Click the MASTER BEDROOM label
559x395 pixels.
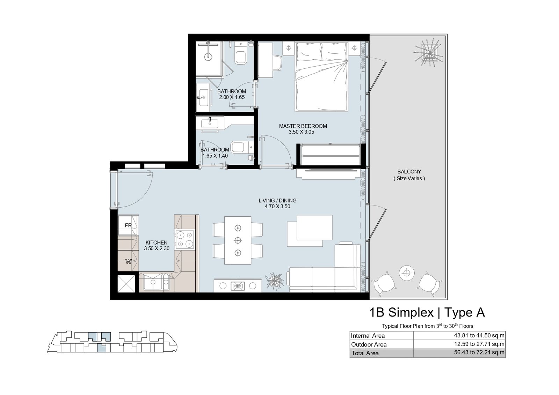303,126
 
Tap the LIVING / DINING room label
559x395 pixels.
277,200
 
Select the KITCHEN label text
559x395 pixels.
157,243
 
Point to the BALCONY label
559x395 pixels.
409,172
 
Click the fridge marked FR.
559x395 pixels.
128,225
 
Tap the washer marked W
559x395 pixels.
128,261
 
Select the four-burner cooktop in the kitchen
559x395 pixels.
184,239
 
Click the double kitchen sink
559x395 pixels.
156,282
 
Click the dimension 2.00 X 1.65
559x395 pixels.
232,97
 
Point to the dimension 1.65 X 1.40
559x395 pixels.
215,156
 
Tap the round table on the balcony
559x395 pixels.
407,273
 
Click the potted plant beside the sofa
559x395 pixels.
275,281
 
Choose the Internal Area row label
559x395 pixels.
368,336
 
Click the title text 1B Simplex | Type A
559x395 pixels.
427,313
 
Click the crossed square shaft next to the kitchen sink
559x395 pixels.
126,284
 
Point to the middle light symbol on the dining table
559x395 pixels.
238,240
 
